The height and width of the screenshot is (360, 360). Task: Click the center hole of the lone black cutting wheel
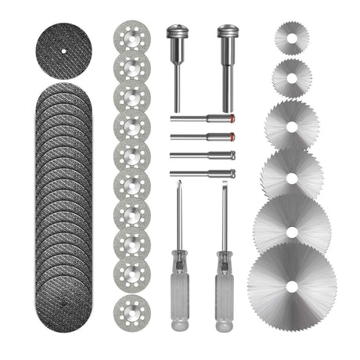pyautogui.click(x=63, y=52)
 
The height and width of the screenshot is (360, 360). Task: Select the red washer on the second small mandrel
pyautogui.click(x=232, y=137)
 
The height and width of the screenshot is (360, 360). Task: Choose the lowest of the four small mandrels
pyautogui.click(x=202, y=174)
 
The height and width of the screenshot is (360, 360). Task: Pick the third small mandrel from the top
pyautogui.click(x=202, y=155)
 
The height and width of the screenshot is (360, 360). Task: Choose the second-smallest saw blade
pyautogui.click(x=291, y=77)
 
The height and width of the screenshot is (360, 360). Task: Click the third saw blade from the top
pyautogui.click(x=291, y=123)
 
